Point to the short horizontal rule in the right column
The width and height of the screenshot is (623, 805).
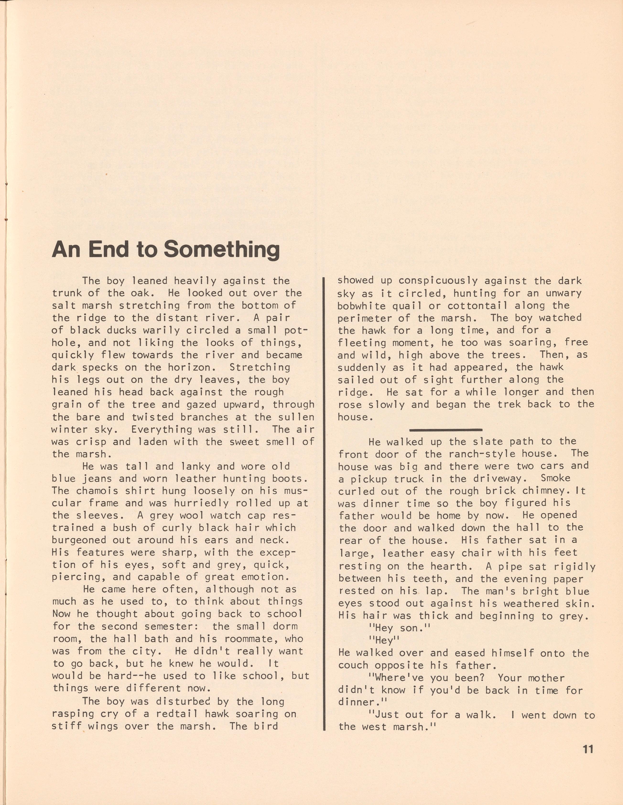coord(446,430)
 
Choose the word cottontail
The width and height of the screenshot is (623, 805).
coord(468,306)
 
